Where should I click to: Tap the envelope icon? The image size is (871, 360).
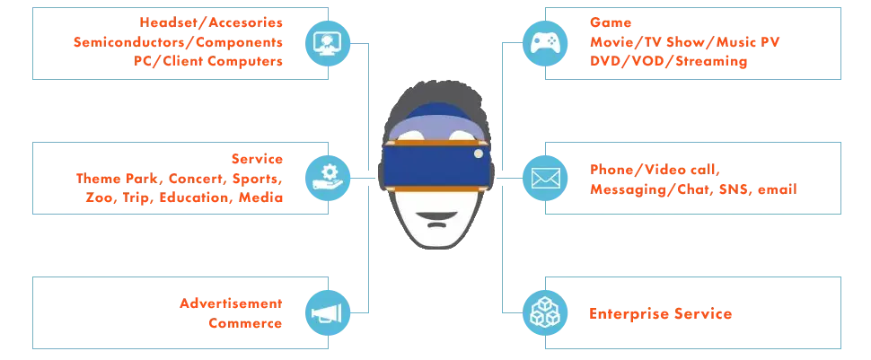click(544, 177)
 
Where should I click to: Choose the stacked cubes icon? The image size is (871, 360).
click(544, 312)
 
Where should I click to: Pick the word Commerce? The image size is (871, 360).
click(248, 322)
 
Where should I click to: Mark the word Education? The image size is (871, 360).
click(193, 198)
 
